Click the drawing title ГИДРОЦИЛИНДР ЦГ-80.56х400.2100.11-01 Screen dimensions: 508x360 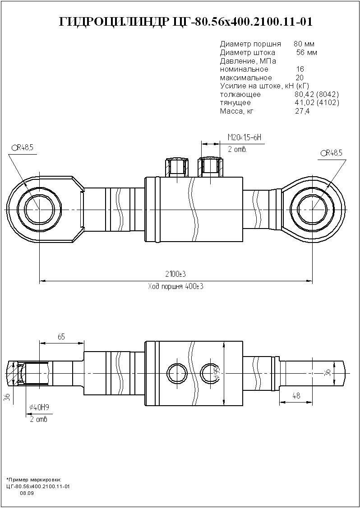click(185, 22)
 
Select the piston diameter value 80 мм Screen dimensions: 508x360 click(304, 44)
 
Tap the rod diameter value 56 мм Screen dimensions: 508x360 click(306, 53)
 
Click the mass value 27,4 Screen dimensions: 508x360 click(302, 111)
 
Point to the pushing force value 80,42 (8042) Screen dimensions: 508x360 click(316, 95)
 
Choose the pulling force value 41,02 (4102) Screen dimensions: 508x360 click(316, 103)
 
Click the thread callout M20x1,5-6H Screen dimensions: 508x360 click(244, 137)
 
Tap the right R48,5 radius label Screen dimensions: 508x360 click(332, 153)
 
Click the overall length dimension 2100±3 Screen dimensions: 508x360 click(175, 275)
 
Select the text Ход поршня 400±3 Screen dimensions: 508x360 click(175, 287)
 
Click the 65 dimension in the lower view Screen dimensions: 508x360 click(61, 337)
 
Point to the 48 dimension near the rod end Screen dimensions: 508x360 click(296, 396)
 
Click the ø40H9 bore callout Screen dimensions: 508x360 click(39, 407)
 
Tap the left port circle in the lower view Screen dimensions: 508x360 click(177, 373)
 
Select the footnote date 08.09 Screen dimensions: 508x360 click(27, 493)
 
